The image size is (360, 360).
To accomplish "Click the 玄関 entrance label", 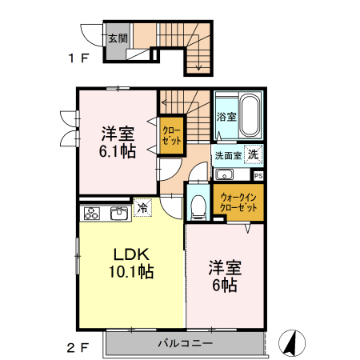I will tap(116, 37).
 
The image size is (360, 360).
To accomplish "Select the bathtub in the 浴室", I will tap(250, 116).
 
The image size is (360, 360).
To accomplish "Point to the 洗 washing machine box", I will tap(253, 154).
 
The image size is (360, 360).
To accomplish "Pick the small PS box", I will tap(258, 175).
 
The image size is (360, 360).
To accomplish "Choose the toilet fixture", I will tap(198, 206).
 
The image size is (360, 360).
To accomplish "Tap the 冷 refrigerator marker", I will tap(142, 207).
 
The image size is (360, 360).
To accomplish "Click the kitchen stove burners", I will tap(90, 214).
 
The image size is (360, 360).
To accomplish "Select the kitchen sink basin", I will tap(118, 213).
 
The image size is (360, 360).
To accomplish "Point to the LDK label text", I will tap(132, 254).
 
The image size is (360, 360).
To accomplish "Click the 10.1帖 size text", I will tap(132, 272).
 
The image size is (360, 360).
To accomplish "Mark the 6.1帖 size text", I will tap(117, 151).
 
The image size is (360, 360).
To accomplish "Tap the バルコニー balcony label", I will tap(184, 343).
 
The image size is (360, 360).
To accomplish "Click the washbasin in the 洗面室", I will tap(223, 175).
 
